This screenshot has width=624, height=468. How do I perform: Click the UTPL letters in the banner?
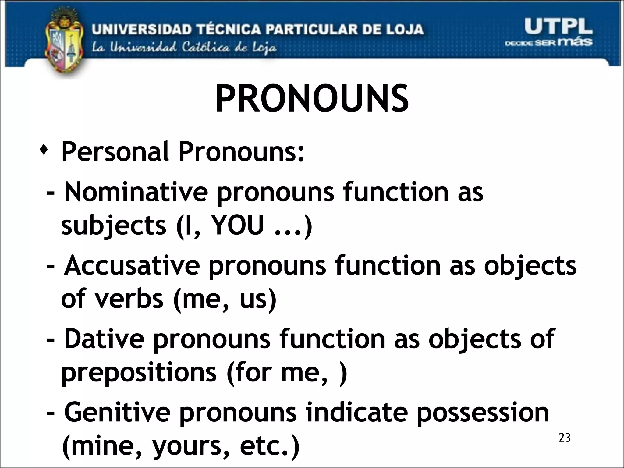point(558,27)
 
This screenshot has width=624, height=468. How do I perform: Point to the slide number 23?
point(564,438)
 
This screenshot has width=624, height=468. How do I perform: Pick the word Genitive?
point(117,412)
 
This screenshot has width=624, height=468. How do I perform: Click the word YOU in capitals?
point(237,226)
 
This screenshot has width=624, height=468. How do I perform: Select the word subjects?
point(114,226)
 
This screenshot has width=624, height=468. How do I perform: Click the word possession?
point(483,412)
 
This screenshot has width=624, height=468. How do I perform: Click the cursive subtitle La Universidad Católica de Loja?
point(184,48)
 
